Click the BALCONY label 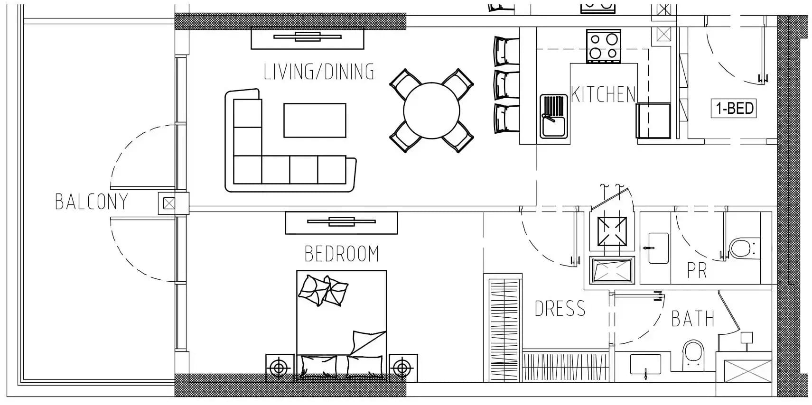91,202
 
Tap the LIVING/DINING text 319,72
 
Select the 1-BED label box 734,108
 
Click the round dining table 431,110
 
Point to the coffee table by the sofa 315,120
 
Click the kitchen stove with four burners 604,46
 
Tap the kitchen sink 553,116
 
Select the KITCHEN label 603,94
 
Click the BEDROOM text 342,254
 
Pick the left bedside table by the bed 280,368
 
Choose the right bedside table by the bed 403,368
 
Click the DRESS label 560,309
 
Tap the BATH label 693,319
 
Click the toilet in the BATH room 693,356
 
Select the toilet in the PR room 744,248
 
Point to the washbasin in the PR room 658,248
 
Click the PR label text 697,270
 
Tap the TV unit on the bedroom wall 341,223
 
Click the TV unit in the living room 308,38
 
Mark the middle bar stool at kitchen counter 506,85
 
